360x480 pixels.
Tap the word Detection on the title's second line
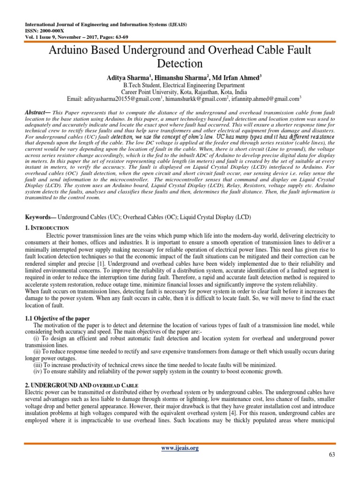pos(180,64)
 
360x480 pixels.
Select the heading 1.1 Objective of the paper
pos(57,318)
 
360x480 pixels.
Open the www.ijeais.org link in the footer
pos(180,448)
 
